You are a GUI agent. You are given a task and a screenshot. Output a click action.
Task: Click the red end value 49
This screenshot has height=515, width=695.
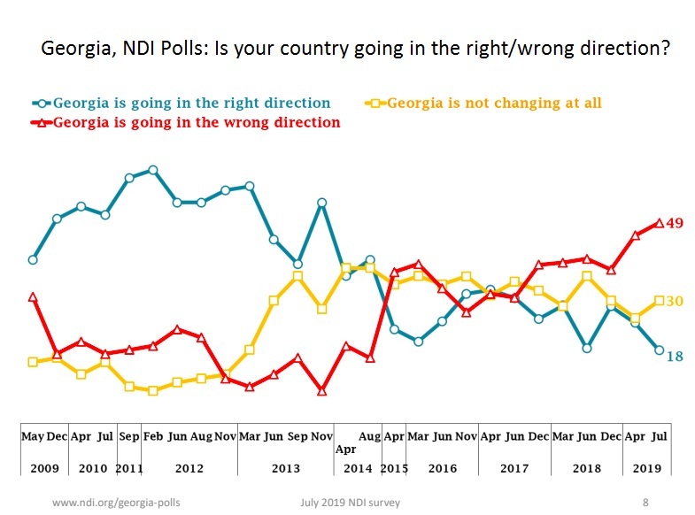coord(674,223)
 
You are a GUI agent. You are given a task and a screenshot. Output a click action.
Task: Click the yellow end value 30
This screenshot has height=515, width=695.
coord(674,302)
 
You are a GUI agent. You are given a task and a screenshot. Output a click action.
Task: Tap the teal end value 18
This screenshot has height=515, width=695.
coord(674,357)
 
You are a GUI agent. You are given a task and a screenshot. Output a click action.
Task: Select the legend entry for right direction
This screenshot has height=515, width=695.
coord(191,103)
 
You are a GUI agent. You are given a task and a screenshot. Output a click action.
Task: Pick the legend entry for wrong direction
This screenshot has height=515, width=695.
coord(196,123)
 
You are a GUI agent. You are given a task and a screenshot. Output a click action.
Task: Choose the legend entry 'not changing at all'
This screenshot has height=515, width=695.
coord(494,103)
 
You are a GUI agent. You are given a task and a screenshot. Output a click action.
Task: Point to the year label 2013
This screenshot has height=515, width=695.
coord(285,468)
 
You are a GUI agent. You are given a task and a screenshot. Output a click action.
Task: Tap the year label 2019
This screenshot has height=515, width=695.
coord(646,468)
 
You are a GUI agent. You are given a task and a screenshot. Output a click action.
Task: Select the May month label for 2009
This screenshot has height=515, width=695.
coord(33,436)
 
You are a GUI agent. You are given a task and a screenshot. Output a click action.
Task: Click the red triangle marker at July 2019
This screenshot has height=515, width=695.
coord(659,223)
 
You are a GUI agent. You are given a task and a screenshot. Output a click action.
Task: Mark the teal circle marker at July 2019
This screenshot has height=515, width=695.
coord(659,350)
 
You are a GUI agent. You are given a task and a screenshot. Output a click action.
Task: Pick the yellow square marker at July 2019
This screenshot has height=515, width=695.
coord(659,301)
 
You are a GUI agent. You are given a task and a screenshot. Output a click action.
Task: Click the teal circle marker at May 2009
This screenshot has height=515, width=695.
coord(33,259)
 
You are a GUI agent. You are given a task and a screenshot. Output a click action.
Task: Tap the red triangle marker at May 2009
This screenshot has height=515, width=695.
coord(33,297)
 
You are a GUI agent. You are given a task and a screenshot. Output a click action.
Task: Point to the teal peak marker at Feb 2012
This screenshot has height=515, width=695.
coord(153,170)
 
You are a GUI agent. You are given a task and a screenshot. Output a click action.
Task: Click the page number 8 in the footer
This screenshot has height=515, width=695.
coord(645,503)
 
